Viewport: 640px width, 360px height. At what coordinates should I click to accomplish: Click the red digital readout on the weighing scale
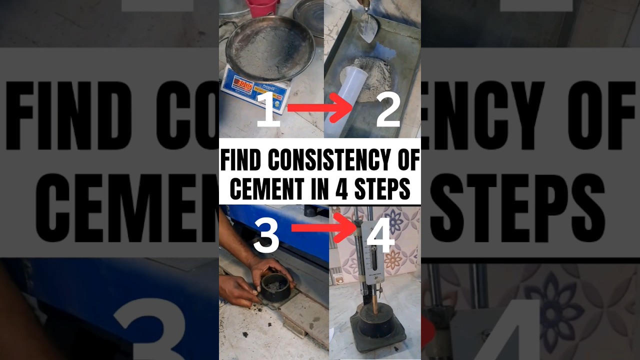point(244,83)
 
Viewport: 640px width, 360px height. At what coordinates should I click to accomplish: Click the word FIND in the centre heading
point(241,161)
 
